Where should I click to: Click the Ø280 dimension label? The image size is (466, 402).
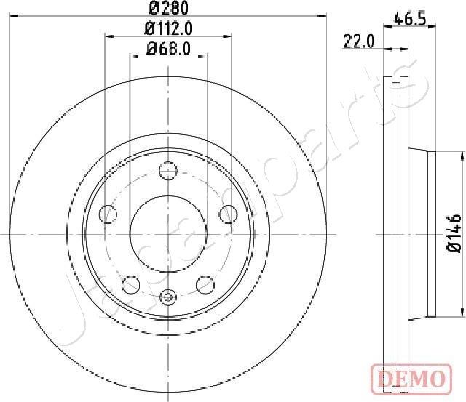tap(168, 9)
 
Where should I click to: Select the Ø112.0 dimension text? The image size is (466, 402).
tap(168, 29)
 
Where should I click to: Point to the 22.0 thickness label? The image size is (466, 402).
tap(359, 42)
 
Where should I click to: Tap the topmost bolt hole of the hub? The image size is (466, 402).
tap(168, 172)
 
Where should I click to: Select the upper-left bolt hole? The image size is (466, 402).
tap(108, 214)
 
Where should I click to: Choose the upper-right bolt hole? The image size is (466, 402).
tap(228, 214)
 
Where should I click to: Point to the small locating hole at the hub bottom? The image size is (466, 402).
tap(168, 296)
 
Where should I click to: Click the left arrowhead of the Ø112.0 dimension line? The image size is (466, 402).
tap(108, 36)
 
